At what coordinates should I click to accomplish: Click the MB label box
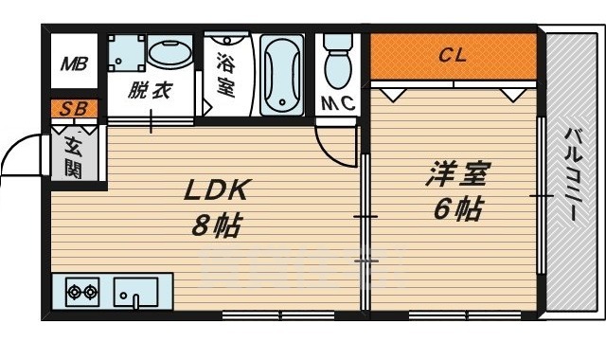[74, 64]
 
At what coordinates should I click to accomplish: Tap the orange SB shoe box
[73, 108]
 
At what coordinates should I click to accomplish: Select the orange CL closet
[453, 56]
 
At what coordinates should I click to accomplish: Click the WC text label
[337, 102]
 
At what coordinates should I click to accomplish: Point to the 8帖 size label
[218, 227]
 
